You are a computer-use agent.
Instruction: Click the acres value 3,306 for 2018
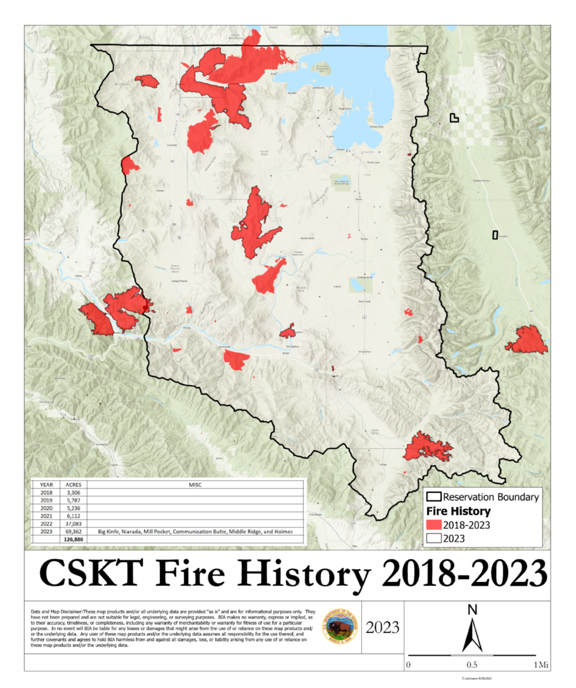(73, 493)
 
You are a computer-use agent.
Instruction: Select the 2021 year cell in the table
(46, 516)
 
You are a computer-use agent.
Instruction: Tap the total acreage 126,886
(73, 539)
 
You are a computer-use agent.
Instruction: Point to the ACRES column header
(73, 485)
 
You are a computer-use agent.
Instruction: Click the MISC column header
(195, 485)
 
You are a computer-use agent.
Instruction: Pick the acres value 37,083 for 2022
(73, 524)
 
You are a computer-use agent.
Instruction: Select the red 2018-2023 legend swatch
(434, 525)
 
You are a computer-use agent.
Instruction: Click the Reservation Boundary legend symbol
(434, 497)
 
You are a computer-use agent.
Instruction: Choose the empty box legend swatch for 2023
(434, 538)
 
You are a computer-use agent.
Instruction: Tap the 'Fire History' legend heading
(458, 511)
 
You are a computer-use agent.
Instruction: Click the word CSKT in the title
(91, 574)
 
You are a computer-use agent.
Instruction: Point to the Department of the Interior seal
(340, 626)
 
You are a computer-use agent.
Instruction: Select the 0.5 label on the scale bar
(472, 665)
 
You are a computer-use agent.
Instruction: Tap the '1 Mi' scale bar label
(540, 665)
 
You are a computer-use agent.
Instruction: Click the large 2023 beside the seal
(382, 627)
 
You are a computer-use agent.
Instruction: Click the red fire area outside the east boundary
(527, 341)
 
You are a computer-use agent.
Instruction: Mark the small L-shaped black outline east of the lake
(454, 118)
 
